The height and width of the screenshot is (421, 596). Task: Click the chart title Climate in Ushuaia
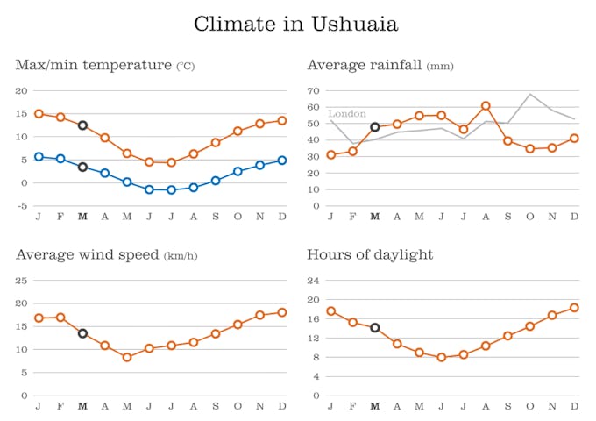point(296,24)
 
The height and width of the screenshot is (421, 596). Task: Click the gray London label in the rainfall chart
point(347,114)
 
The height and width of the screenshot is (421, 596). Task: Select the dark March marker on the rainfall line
point(375,127)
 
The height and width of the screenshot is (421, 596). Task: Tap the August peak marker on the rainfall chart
point(486,106)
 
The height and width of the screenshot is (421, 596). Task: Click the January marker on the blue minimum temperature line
point(39,156)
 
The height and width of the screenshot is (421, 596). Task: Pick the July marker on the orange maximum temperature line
point(172,162)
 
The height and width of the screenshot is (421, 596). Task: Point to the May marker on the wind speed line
point(127,357)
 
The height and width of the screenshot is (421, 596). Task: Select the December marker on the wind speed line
point(282,312)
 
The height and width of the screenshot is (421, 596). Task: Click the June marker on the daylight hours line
point(442,357)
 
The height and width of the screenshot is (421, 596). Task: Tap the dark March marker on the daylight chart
point(375,328)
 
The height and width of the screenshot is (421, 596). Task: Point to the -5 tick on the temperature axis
point(22,206)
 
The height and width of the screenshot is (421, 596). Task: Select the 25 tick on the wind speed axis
point(22,281)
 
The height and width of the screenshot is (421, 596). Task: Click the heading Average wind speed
point(88,255)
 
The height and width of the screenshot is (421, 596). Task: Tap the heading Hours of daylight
point(370,255)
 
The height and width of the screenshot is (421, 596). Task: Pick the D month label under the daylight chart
point(574,406)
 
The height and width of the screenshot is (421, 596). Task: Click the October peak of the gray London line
point(530,94)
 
